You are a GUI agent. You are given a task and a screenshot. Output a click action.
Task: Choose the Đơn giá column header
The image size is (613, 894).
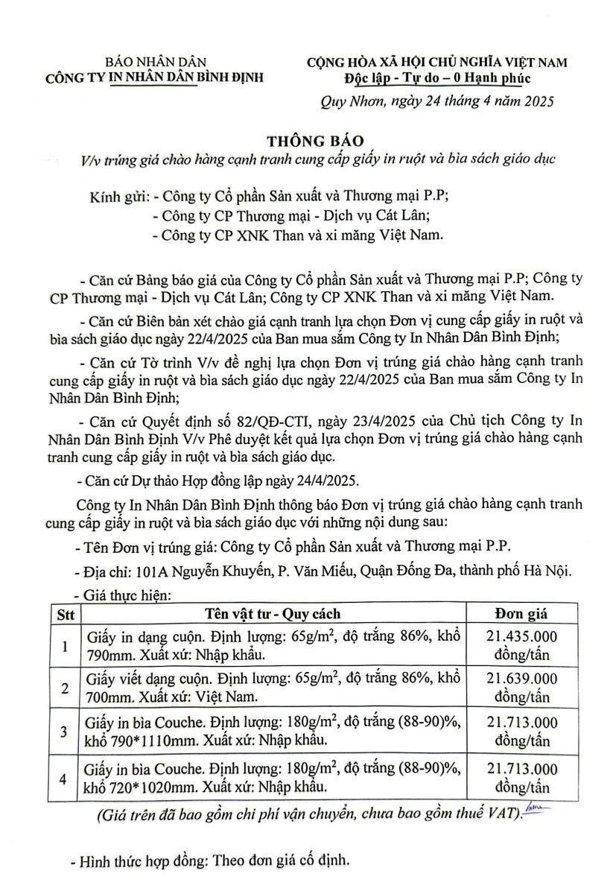pos(521,614)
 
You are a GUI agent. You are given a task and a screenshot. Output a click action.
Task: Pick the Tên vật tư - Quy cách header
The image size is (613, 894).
pos(273,614)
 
